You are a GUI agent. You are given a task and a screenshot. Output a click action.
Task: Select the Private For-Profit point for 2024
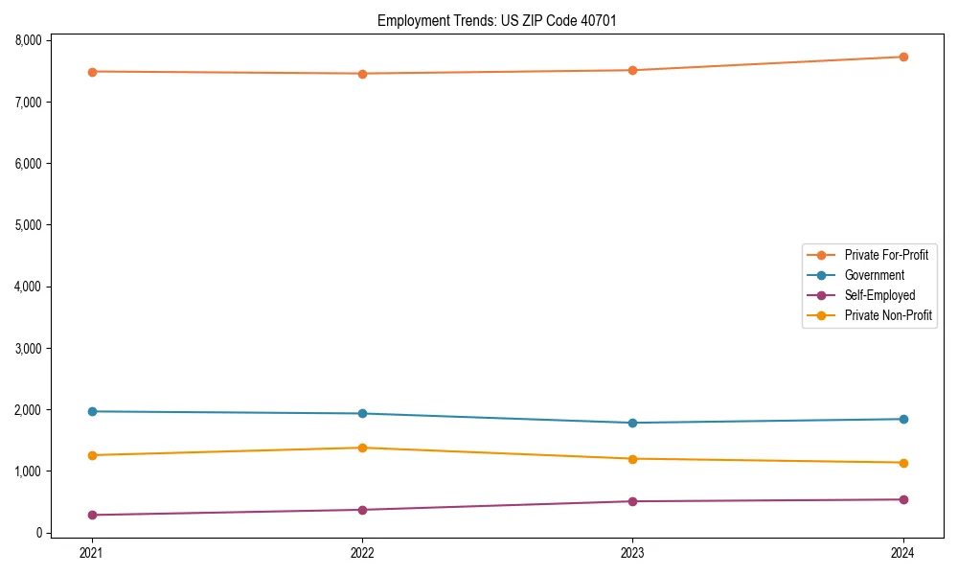click(903, 57)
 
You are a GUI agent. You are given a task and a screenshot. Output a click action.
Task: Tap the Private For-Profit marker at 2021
click(91, 72)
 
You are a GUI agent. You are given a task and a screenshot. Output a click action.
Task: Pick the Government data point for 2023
click(632, 423)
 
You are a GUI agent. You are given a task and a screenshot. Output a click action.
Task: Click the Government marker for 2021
click(91, 411)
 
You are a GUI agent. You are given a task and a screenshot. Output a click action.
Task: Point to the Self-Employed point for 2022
click(362, 510)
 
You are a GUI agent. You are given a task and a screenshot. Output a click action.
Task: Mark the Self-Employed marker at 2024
click(903, 499)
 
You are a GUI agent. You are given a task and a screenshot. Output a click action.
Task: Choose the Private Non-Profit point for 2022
click(362, 448)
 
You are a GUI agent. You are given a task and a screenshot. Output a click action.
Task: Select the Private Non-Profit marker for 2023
click(632, 459)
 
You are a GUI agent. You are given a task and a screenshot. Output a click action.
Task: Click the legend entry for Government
click(874, 275)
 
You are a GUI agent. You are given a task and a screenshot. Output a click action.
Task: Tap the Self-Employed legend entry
click(879, 295)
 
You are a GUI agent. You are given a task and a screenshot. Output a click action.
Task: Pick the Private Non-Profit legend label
click(888, 315)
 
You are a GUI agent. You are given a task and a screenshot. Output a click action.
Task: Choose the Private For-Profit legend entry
click(885, 255)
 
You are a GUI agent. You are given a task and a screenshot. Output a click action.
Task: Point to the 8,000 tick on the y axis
click(29, 40)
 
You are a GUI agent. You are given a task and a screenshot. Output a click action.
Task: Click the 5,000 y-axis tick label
click(29, 225)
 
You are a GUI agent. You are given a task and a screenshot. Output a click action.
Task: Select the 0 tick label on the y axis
click(38, 533)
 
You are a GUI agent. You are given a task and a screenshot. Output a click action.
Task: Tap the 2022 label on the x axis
click(362, 553)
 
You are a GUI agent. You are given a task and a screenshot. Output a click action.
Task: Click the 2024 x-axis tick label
click(903, 553)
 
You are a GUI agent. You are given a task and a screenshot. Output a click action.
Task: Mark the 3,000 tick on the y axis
click(29, 348)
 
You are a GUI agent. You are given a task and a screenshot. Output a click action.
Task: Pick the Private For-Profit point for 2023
click(632, 70)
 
